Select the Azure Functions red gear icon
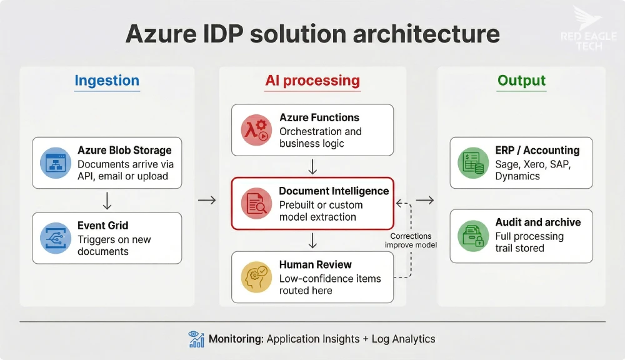[256, 130]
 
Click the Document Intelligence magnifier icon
[256, 203]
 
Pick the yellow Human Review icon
[256, 277]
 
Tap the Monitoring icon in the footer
[196, 339]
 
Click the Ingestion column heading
[107, 81]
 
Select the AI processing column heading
[312, 81]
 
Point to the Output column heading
[521, 81]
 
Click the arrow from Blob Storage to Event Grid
[107, 200]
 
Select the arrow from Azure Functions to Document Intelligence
[312, 167]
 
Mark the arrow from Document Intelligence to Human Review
[312, 241]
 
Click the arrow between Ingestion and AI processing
[206, 200]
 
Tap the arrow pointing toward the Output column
[425, 200]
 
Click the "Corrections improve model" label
[411, 241]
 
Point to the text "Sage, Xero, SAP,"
[533, 164]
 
